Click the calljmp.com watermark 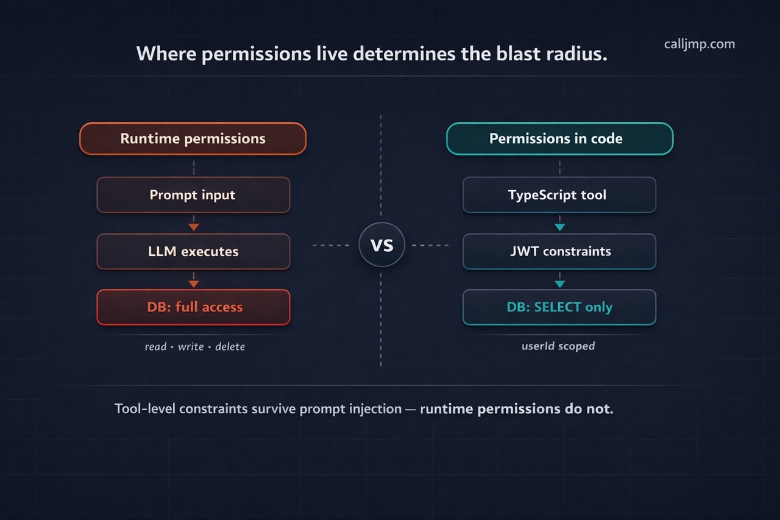(699, 44)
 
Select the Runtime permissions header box (193, 138)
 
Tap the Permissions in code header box (559, 138)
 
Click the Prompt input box (193, 195)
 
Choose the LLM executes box (193, 251)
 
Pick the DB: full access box (193, 307)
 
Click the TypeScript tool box (559, 195)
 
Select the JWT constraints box (559, 251)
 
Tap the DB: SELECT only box (559, 307)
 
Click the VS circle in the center (381, 245)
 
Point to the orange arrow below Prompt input (193, 227)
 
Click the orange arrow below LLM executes (193, 283)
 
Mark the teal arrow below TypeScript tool (559, 227)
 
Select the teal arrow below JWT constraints (559, 283)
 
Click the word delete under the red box (230, 346)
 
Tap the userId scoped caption (558, 346)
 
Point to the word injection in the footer (370, 408)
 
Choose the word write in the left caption (191, 346)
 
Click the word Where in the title (165, 54)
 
